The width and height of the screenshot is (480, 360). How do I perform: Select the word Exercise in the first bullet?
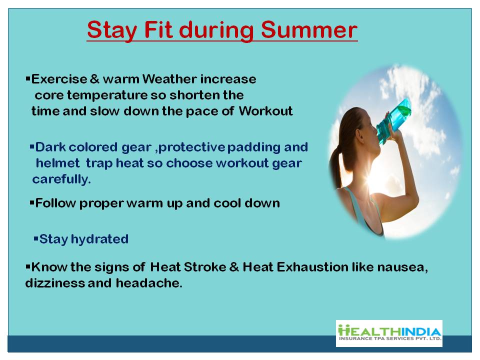click(59, 79)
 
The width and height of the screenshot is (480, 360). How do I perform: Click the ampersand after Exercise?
click(95, 79)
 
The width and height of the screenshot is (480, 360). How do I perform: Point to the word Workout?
click(265, 111)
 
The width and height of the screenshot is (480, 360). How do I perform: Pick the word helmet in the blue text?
click(58, 163)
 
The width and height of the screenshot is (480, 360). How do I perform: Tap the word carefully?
click(61, 179)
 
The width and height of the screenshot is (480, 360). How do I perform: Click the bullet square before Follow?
click(32, 202)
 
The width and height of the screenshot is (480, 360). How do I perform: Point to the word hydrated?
click(99, 239)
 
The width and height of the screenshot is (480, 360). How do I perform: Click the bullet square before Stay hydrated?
click(36, 238)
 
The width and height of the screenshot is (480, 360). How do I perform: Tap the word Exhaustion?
click(312, 267)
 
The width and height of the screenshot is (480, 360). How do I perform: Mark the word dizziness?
click(55, 283)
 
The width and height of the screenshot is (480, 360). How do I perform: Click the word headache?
click(149, 283)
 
